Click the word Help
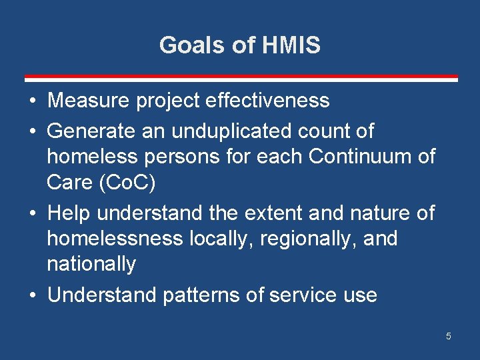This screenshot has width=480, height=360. [x=69, y=213]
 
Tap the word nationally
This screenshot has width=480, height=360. [x=91, y=264]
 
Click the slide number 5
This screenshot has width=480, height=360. [x=448, y=337]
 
